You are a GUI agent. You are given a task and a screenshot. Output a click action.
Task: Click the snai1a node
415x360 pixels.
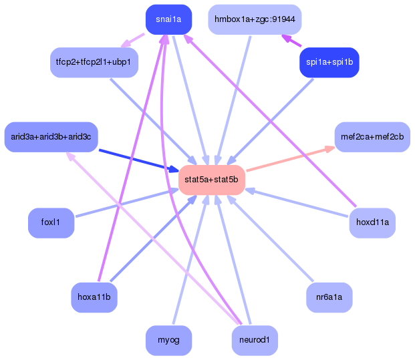168,19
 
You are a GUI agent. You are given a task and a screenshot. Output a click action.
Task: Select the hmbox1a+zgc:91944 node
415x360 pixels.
255,19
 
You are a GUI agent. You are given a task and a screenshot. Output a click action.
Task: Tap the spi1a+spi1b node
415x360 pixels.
329,63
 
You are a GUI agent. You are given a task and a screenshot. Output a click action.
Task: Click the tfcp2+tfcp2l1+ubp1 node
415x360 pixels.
94,63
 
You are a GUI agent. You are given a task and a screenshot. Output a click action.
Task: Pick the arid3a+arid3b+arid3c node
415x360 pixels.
51,137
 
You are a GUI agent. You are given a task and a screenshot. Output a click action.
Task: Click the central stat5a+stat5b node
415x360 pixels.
211,180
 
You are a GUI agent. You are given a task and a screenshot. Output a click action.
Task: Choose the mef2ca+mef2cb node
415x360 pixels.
372,137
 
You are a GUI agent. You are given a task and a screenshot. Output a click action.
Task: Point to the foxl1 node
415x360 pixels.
51,223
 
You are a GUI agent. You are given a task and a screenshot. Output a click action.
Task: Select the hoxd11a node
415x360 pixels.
372,223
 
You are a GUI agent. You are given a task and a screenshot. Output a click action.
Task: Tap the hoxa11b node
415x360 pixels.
94,297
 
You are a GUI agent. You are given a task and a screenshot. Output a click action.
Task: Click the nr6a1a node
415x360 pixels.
329,297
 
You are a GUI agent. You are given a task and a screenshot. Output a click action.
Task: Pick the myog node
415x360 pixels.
168,340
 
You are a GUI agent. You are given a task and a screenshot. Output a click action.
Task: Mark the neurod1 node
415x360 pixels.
255,340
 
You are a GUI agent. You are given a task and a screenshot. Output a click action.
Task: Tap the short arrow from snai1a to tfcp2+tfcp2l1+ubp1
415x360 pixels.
133,41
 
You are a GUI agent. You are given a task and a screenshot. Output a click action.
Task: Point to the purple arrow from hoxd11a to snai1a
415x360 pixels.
267,120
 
